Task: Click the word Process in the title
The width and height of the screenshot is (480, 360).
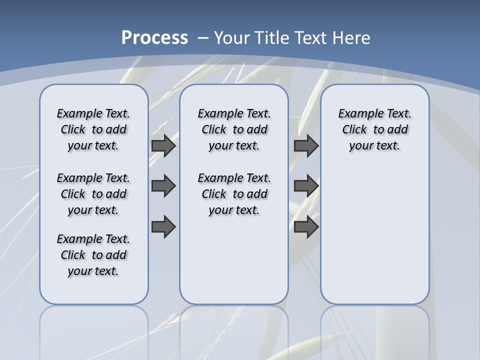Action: click(154, 38)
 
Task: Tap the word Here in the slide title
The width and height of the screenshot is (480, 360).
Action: click(352, 38)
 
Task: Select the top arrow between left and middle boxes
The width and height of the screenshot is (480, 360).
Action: click(163, 145)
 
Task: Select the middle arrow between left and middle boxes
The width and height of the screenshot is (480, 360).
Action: click(163, 186)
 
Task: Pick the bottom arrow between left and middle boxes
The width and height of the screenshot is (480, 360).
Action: click(163, 226)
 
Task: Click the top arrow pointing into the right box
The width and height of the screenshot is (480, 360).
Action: click(306, 145)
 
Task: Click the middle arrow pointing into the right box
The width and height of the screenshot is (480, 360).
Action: click(306, 186)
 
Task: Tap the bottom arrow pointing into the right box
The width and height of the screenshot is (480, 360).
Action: click(306, 226)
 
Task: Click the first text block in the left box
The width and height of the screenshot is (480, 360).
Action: click(93, 129)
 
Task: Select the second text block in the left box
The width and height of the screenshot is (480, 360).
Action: click(93, 194)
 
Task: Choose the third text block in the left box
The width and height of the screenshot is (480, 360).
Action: click(93, 255)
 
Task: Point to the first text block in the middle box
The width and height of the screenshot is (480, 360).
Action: click(234, 129)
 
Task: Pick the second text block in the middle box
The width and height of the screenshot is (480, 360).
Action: click(234, 194)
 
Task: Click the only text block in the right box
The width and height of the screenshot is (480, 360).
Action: click(375, 129)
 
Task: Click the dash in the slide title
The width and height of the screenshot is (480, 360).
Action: click(203, 38)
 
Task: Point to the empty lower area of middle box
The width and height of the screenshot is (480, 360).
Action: click(234, 260)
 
